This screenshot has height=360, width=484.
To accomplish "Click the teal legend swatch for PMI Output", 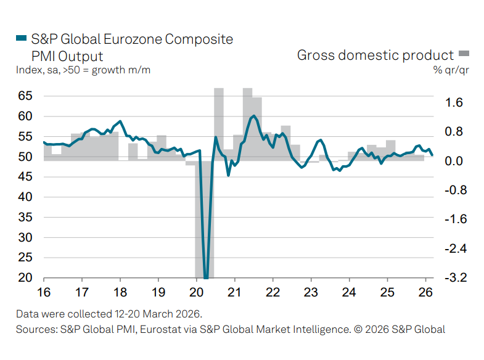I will [x=20, y=39].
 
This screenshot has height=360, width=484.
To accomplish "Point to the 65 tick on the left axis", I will [x=25, y=96].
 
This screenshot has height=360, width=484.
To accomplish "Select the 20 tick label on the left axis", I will [x=25, y=277].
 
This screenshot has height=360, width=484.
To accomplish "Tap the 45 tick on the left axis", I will [x=25, y=176].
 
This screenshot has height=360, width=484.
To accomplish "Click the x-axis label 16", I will [x=44, y=292].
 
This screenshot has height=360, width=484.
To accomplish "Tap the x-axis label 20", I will [x=196, y=292].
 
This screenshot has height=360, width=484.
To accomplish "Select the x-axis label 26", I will [x=425, y=292].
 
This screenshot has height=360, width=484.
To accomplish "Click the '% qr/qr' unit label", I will [x=452, y=70].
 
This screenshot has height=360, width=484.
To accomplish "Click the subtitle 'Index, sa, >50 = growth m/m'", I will [x=83, y=70].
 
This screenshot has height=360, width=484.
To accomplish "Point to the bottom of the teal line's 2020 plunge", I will [x=206, y=277].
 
